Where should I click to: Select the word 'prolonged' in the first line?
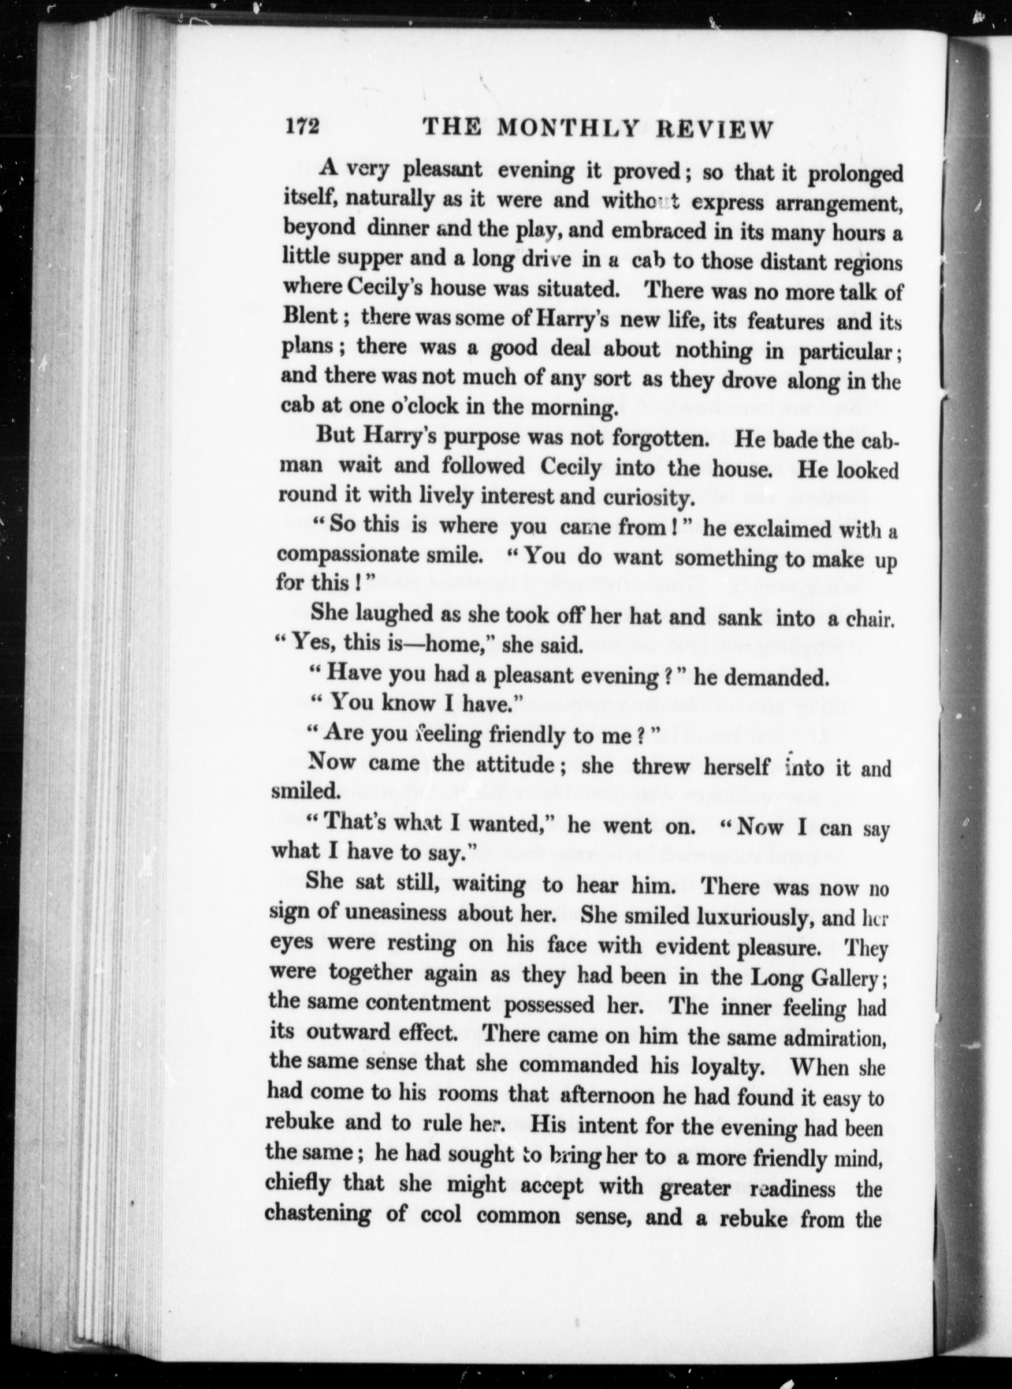[x=856, y=175]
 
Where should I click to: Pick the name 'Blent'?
[x=310, y=315]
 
